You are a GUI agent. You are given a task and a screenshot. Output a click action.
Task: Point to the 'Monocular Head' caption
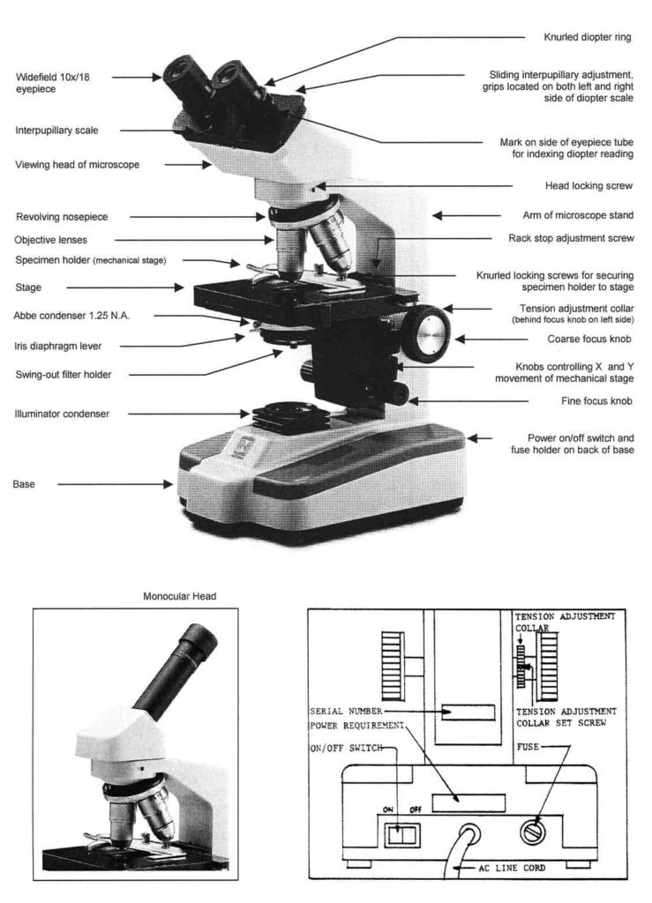pyautogui.click(x=179, y=596)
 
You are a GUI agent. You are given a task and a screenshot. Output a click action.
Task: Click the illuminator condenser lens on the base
pyautogui.click(x=282, y=412)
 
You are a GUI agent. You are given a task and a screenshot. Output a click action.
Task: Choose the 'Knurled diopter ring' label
pyautogui.click(x=587, y=38)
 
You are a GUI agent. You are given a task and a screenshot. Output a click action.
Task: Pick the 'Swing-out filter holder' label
pyautogui.click(x=70, y=374)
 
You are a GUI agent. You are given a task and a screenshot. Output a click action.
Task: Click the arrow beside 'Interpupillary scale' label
pyautogui.click(x=150, y=131)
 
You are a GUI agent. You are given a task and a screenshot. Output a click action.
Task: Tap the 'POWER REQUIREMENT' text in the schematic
pyautogui.click(x=358, y=726)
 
